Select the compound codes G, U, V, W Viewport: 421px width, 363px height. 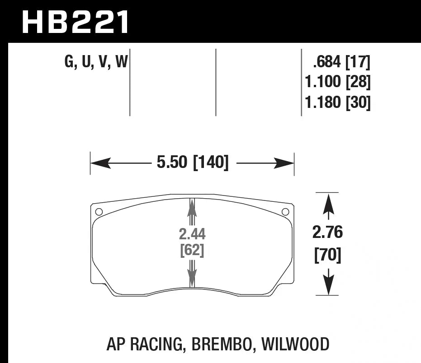click(96, 61)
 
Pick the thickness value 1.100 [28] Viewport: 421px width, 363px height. click(337, 82)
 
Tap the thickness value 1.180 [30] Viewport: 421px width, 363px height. click(337, 103)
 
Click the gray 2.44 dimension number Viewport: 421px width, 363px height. click(192, 234)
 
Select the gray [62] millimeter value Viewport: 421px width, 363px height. click(192, 250)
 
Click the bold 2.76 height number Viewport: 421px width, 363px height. click(328, 233)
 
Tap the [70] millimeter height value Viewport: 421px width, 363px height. click(328, 256)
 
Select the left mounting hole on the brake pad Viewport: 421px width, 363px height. click(99, 212)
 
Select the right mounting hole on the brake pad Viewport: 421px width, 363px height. click(285, 212)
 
